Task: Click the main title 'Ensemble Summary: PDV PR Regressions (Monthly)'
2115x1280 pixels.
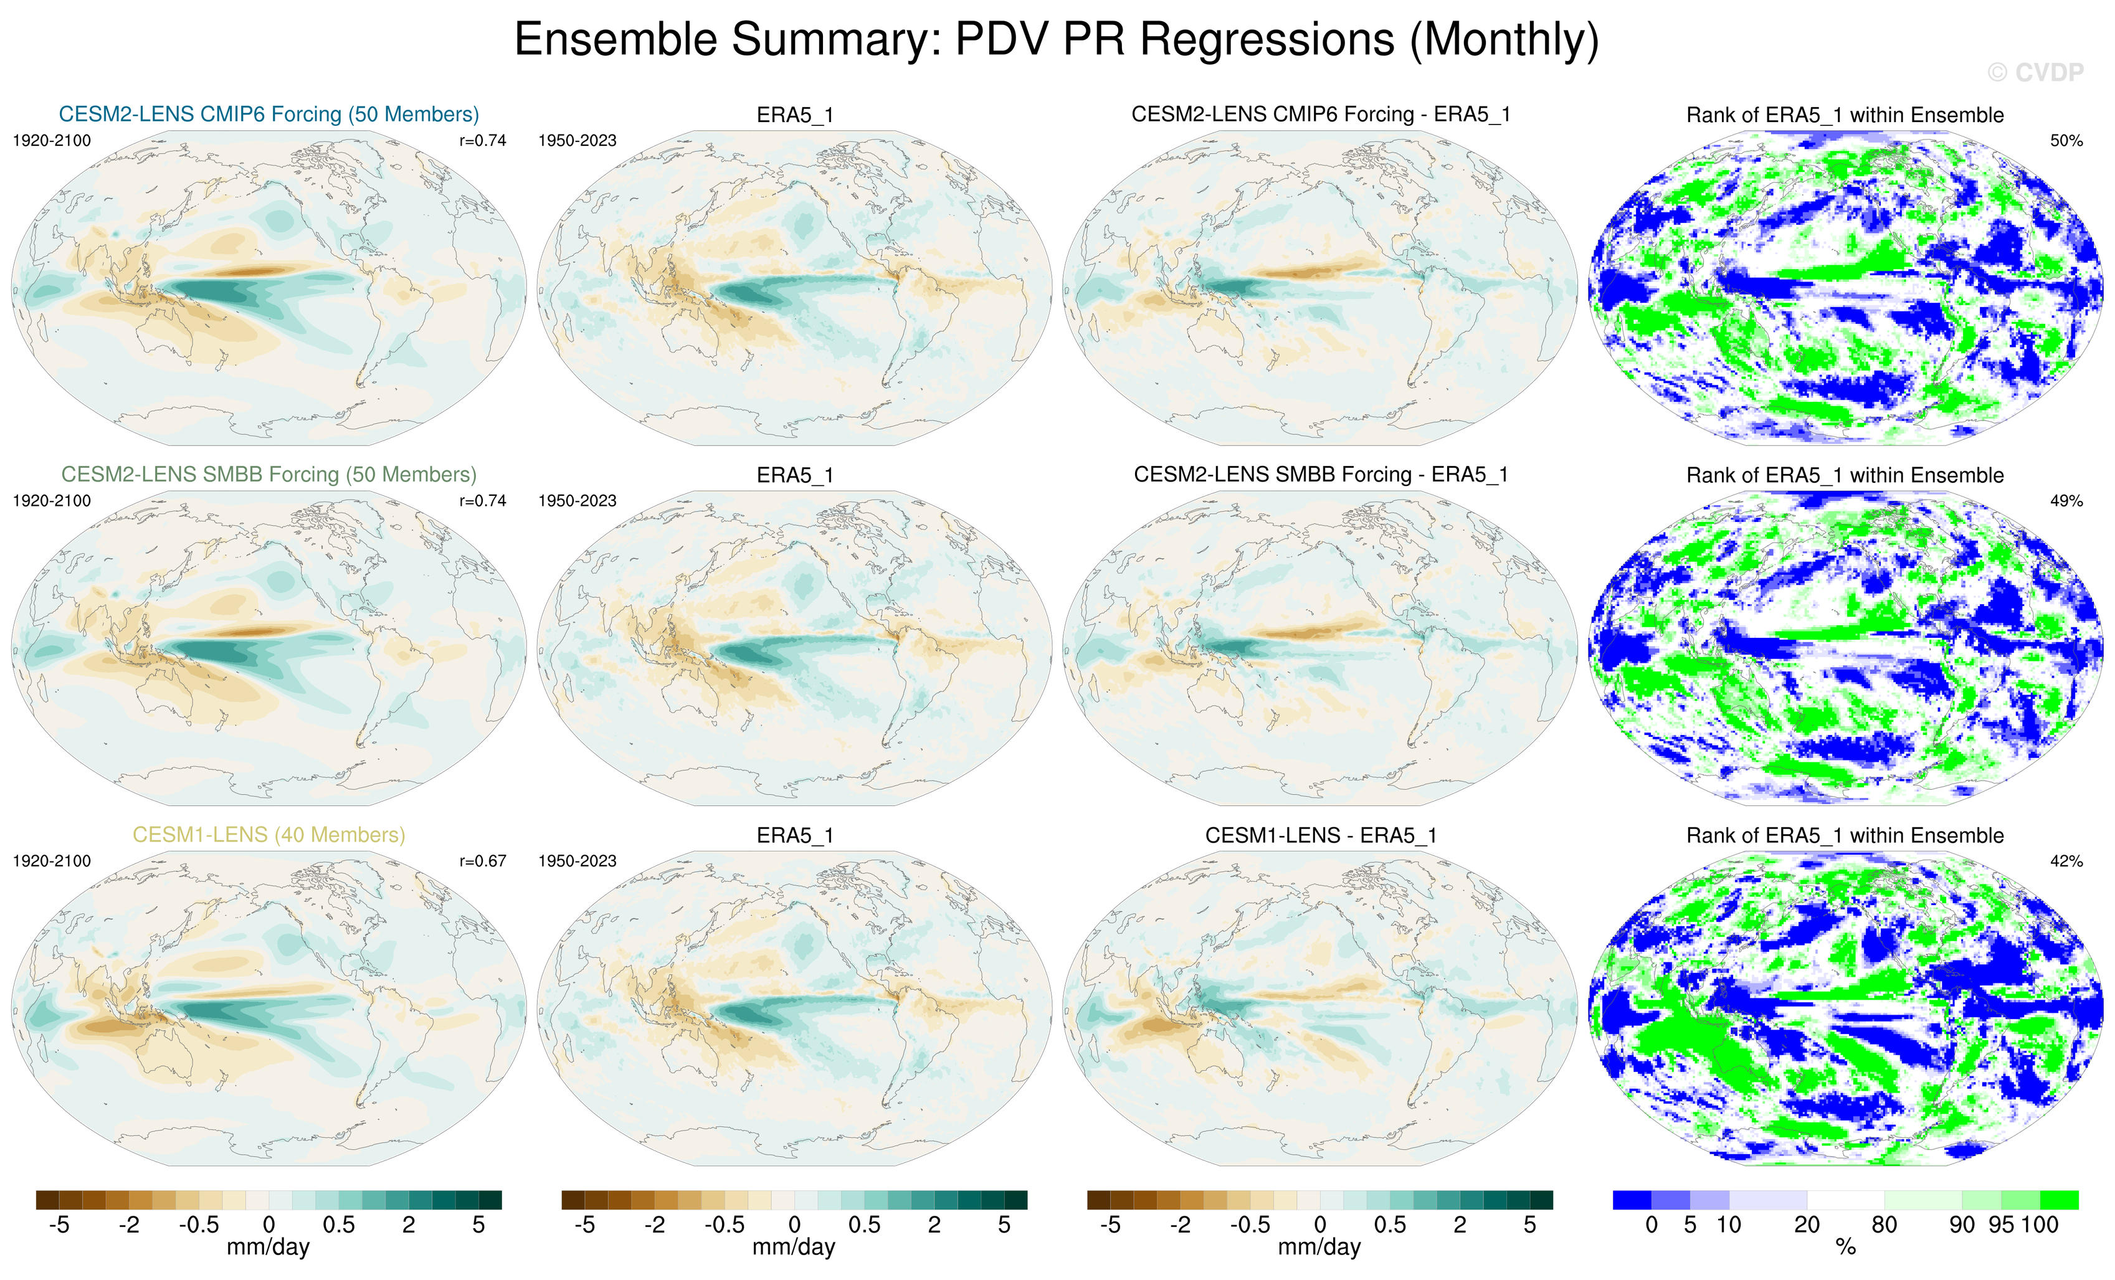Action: pyautogui.click(x=1056, y=40)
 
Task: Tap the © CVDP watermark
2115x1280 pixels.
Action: pyautogui.click(x=2034, y=73)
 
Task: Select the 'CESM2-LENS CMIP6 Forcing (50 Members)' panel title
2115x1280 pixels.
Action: pyautogui.click(x=269, y=114)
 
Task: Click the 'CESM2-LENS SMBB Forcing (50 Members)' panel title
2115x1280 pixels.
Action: pyautogui.click(x=269, y=475)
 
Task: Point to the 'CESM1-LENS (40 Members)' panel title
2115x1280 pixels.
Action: pyautogui.click(x=269, y=835)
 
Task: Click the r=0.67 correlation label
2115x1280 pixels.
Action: pyautogui.click(x=482, y=861)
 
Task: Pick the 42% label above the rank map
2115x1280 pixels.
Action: pyautogui.click(x=2066, y=861)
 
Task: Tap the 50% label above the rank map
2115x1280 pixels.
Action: pyautogui.click(x=2066, y=141)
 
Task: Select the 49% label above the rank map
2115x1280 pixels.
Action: pyautogui.click(x=2066, y=501)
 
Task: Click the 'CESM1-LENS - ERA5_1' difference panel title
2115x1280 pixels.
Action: pyautogui.click(x=1320, y=835)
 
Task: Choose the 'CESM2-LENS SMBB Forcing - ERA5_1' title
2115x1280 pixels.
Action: pyautogui.click(x=1320, y=475)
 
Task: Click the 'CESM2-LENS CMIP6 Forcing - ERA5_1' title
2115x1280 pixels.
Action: pyautogui.click(x=1320, y=114)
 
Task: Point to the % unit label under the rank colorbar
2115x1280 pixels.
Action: pyautogui.click(x=1845, y=1248)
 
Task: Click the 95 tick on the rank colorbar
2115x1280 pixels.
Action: pyautogui.click(x=2001, y=1225)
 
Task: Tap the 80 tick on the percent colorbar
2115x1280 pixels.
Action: pyautogui.click(x=1884, y=1225)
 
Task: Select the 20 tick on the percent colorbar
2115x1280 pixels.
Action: pyautogui.click(x=1807, y=1225)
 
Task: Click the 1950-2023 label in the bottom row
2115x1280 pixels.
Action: pyautogui.click(x=577, y=861)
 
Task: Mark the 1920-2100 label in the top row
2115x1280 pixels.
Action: pyautogui.click(x=52, y=141)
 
